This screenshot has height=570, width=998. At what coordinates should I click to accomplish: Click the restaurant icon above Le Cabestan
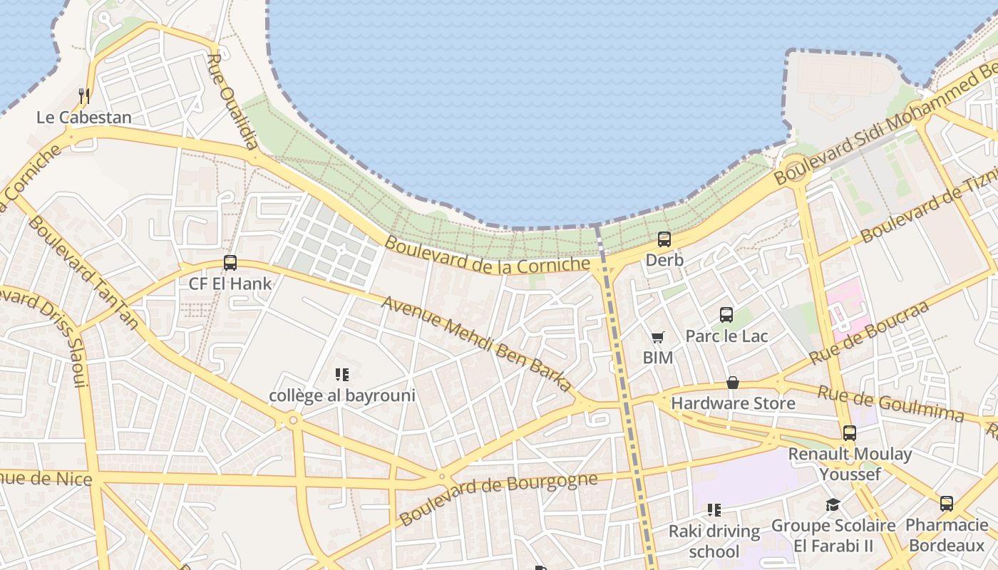tap(84, 95)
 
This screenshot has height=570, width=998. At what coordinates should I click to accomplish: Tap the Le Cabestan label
tap(84, 118)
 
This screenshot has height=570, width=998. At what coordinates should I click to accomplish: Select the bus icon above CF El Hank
tap(230, 262)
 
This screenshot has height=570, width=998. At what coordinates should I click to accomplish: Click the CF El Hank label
tap(230, 284)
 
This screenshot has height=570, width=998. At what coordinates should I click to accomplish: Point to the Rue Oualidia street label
tap(232, 100)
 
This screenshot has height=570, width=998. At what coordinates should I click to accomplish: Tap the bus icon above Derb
tap(664, 239)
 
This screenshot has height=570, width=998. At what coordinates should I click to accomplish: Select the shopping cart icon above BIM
tap(657, 337)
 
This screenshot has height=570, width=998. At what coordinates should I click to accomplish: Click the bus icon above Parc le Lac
tap(726, 314)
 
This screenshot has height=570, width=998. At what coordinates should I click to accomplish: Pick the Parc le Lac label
tap(726, 336)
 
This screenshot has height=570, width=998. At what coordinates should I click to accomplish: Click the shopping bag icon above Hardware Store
tap(733, 383)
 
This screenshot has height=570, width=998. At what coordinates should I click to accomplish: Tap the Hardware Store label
tap(733, 403)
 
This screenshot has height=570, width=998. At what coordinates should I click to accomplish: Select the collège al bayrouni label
tap(342, 395)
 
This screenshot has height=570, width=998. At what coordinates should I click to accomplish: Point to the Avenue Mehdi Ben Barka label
tap(477, 344)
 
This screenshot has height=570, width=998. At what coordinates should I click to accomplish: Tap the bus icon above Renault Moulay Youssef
tap(850, 432)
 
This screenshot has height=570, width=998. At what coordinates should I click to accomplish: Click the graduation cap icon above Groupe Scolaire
tap(833, 505)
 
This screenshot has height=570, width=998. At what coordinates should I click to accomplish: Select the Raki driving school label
tap(714, 541)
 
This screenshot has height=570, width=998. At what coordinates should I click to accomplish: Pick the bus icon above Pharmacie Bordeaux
tap(947, 504)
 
